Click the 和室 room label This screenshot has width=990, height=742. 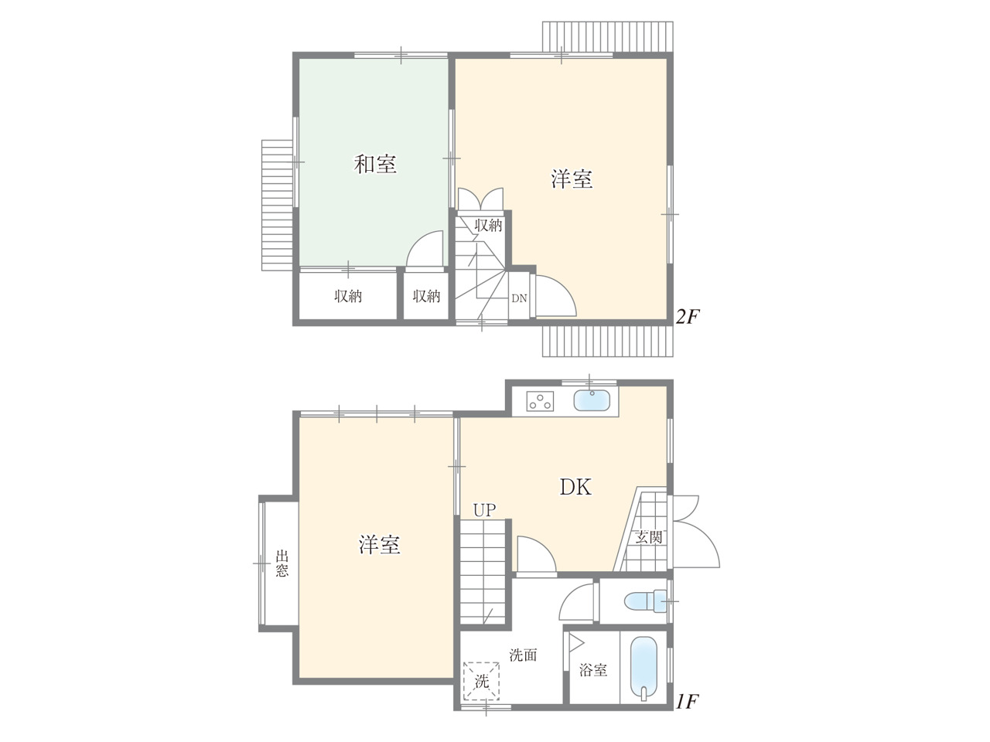(x=375, y=164)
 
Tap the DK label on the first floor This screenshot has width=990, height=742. (x=575, y=487)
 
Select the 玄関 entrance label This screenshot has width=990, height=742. (x=649, y=537)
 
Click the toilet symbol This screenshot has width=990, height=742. (x=645, y=602)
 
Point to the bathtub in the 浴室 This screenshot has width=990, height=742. (x=644, y=669)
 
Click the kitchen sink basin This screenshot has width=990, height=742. (x=592, y=400)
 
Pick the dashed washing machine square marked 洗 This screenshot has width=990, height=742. (x=481, y=681)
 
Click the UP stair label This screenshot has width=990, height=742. (x=484, y=510)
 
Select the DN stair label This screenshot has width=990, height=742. (x=519, y=298)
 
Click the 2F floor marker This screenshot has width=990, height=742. (x=687, y=318)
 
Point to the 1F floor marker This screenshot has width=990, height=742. (x=687, y=702)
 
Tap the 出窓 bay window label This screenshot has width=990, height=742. (x=282, y=563)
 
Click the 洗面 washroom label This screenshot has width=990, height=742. (x=523, y=655)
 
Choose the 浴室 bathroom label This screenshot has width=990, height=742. (x=593, y=670)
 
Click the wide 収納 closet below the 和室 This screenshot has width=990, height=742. (x=348, y=296)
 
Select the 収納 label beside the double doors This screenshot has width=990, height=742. (x=489, y=225)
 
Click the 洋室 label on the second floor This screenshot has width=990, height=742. (x=572, y=179)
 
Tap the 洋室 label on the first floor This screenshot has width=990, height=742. (x=379, y=545)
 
